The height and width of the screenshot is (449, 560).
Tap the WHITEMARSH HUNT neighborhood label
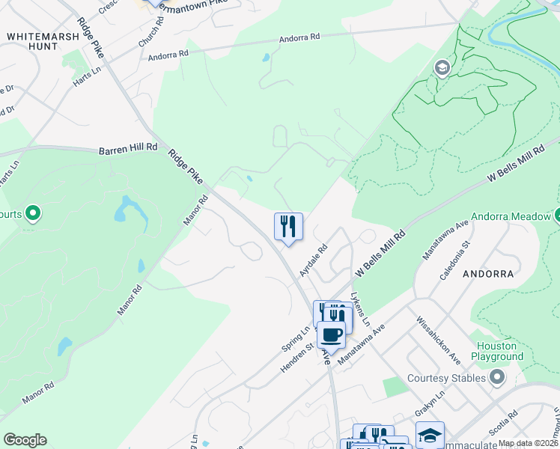32,40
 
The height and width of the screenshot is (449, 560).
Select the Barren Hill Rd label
128,150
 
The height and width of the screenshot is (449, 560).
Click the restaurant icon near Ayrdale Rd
288,226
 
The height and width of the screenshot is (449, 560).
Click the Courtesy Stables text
446,378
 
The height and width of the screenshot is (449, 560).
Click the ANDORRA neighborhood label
488,274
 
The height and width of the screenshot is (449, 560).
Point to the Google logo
25,440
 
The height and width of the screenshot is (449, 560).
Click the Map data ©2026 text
529,443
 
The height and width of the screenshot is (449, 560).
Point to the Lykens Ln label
362,308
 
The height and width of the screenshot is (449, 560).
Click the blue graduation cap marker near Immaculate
430,435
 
